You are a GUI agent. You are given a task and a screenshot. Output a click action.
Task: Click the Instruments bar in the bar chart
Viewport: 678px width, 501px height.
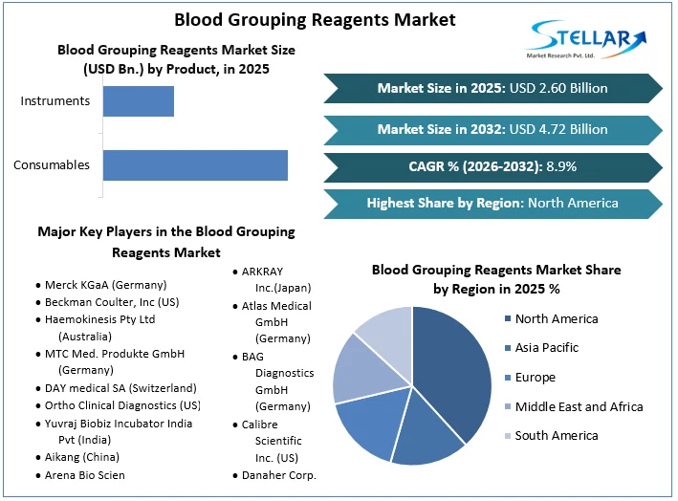coord(139,101)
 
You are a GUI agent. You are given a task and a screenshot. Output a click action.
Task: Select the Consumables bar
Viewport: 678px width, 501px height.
coord(195,164)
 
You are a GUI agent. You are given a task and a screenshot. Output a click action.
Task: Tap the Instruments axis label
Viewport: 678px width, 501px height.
coord(55,101)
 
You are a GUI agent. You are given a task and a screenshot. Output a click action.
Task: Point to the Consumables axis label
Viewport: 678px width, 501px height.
coord(52,164)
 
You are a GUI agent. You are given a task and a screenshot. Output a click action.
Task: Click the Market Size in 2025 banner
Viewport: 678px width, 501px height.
coord(492,89)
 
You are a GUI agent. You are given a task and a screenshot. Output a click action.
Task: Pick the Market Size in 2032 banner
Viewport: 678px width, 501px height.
coord(492,129)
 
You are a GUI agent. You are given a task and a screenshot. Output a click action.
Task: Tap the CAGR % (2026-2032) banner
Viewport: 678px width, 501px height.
coord(492,166)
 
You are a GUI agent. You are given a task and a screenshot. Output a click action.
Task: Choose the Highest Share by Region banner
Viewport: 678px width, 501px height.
coord(492,203)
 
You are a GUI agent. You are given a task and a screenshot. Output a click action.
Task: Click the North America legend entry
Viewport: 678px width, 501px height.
coord(556,318)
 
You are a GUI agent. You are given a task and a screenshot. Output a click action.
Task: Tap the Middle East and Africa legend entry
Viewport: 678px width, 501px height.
coord(578,406)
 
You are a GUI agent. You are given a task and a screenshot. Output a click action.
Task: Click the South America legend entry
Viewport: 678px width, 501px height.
coord(556,436)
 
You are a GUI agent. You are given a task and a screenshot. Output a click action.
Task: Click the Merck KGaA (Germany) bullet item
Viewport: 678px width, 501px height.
coord(105,285)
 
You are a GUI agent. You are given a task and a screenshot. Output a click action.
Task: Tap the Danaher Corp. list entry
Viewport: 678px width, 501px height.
coord(278,474)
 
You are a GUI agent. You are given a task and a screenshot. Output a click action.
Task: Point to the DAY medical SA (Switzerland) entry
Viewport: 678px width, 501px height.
coord(120,388)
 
